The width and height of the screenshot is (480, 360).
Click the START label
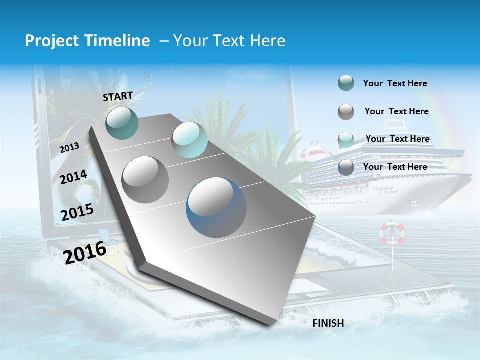(118, 96)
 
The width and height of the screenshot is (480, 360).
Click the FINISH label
(328, 323)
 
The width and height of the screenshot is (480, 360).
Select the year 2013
(69, 148)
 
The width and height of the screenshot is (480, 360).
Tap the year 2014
(73, 177)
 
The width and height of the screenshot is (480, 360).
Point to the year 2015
(77, 212)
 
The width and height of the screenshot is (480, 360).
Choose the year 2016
(85, 253)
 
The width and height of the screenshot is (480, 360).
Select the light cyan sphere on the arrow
(190, 140)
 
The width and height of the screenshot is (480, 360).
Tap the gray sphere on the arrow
(145, 179)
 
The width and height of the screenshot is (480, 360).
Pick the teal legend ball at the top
(346, 83)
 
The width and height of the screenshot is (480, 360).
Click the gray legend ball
(346, 112)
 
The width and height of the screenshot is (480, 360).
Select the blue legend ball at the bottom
(346, 167)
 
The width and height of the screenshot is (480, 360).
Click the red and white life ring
(392, 233)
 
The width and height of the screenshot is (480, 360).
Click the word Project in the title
(52, 41)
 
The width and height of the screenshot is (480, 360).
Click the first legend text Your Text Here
(395, 83)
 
